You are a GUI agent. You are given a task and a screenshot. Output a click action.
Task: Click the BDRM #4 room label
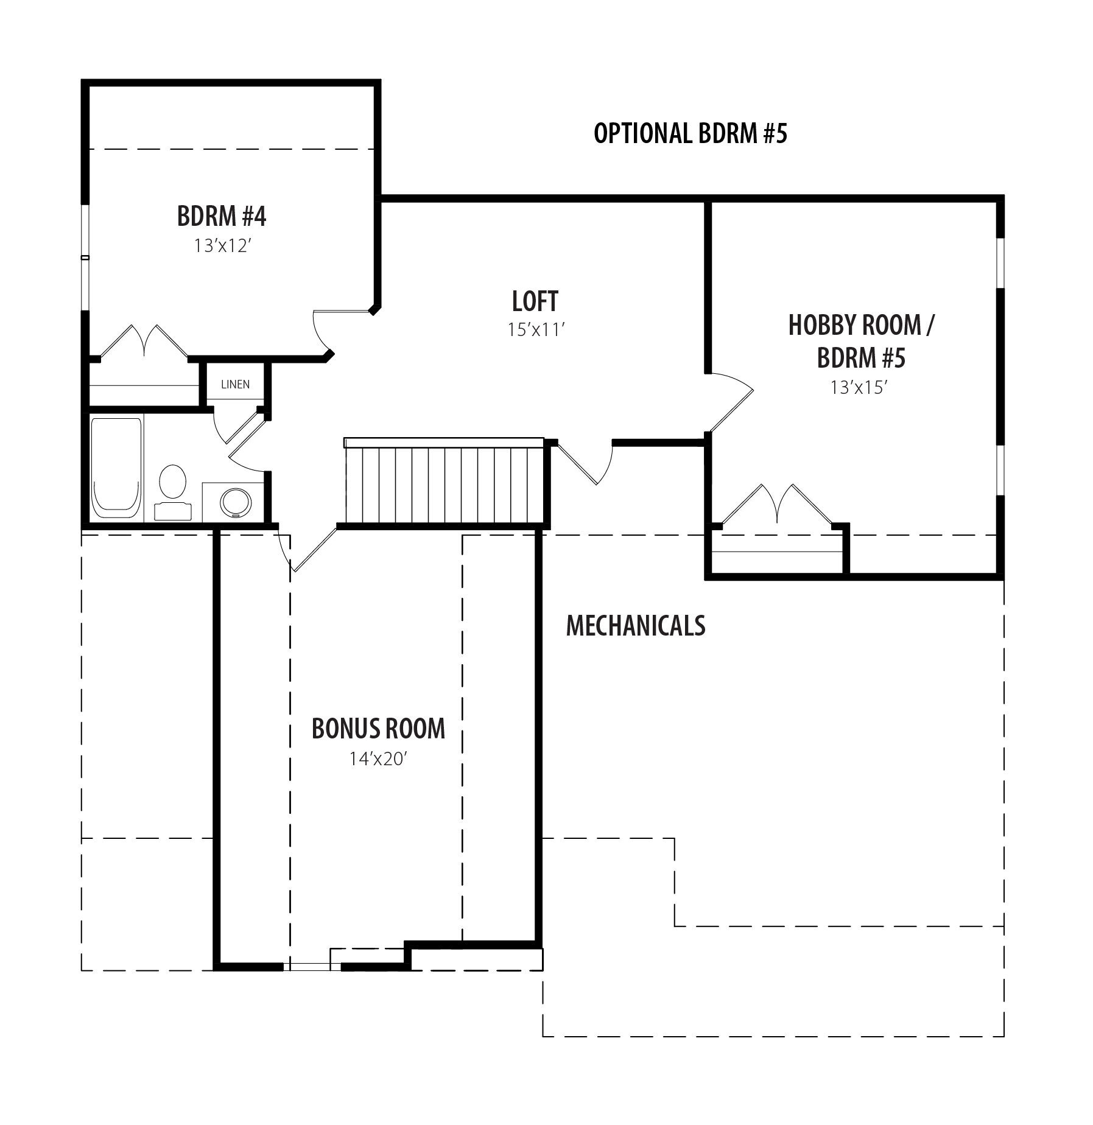(222, 216)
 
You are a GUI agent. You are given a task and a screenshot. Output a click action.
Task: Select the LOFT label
(535, 301)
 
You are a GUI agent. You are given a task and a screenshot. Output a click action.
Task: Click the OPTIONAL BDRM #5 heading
(691, 133)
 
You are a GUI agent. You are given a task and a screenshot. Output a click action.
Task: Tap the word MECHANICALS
(636, 625)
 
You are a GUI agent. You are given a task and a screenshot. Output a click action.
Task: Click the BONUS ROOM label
(378, 729)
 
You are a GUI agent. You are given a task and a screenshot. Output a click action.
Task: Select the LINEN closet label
(235, 385)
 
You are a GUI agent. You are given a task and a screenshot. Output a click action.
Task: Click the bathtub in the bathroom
(117, 468)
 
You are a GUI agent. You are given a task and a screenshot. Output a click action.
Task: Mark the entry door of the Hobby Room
(730, 401)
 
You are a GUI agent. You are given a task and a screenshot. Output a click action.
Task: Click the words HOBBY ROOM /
(861, 325)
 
